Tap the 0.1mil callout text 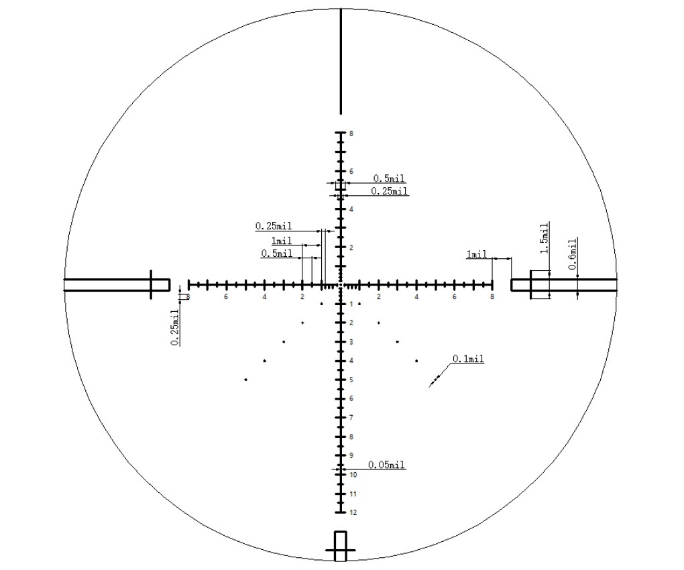pos(468,359)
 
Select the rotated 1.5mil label pos(544,238)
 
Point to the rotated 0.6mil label pos(573,254)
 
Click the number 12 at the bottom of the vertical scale pos(353,512)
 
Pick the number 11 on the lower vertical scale pos(353,494)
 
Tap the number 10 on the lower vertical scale pos(353,475)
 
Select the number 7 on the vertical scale pos(351,418)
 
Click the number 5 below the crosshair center pos(351,380)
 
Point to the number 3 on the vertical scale pos(351,342)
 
